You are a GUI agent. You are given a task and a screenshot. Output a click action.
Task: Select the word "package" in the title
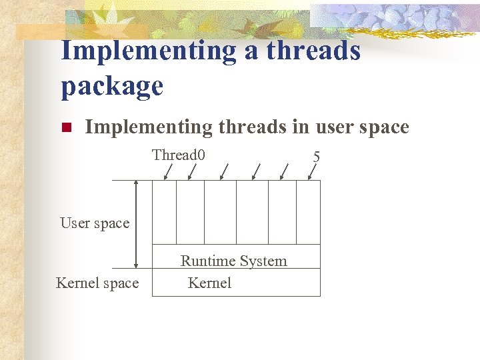coord(112,86)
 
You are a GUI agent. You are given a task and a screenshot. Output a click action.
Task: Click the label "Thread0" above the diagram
coord(178,155)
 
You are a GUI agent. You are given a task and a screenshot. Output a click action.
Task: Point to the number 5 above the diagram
coord(316,157)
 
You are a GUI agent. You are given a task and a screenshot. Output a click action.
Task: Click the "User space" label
coord(95,223)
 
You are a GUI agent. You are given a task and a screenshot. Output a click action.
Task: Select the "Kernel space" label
coord(97,283)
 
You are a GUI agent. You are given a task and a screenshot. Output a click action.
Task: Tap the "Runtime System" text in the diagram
coord(233,261)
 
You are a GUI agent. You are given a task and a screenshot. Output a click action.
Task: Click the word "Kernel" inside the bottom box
coord(209,283)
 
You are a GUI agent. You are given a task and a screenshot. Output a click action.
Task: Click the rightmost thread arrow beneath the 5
coord(312,171)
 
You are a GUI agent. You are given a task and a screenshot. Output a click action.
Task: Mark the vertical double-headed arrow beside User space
coord(136,224)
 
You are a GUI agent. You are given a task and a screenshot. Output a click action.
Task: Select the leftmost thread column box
coord(164,212)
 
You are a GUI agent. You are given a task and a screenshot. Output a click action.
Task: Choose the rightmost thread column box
coord(308,212)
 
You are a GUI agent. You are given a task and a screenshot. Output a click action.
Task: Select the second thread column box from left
coord(190,212)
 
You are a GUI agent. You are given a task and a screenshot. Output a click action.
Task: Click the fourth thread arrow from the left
coord(256,171)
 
